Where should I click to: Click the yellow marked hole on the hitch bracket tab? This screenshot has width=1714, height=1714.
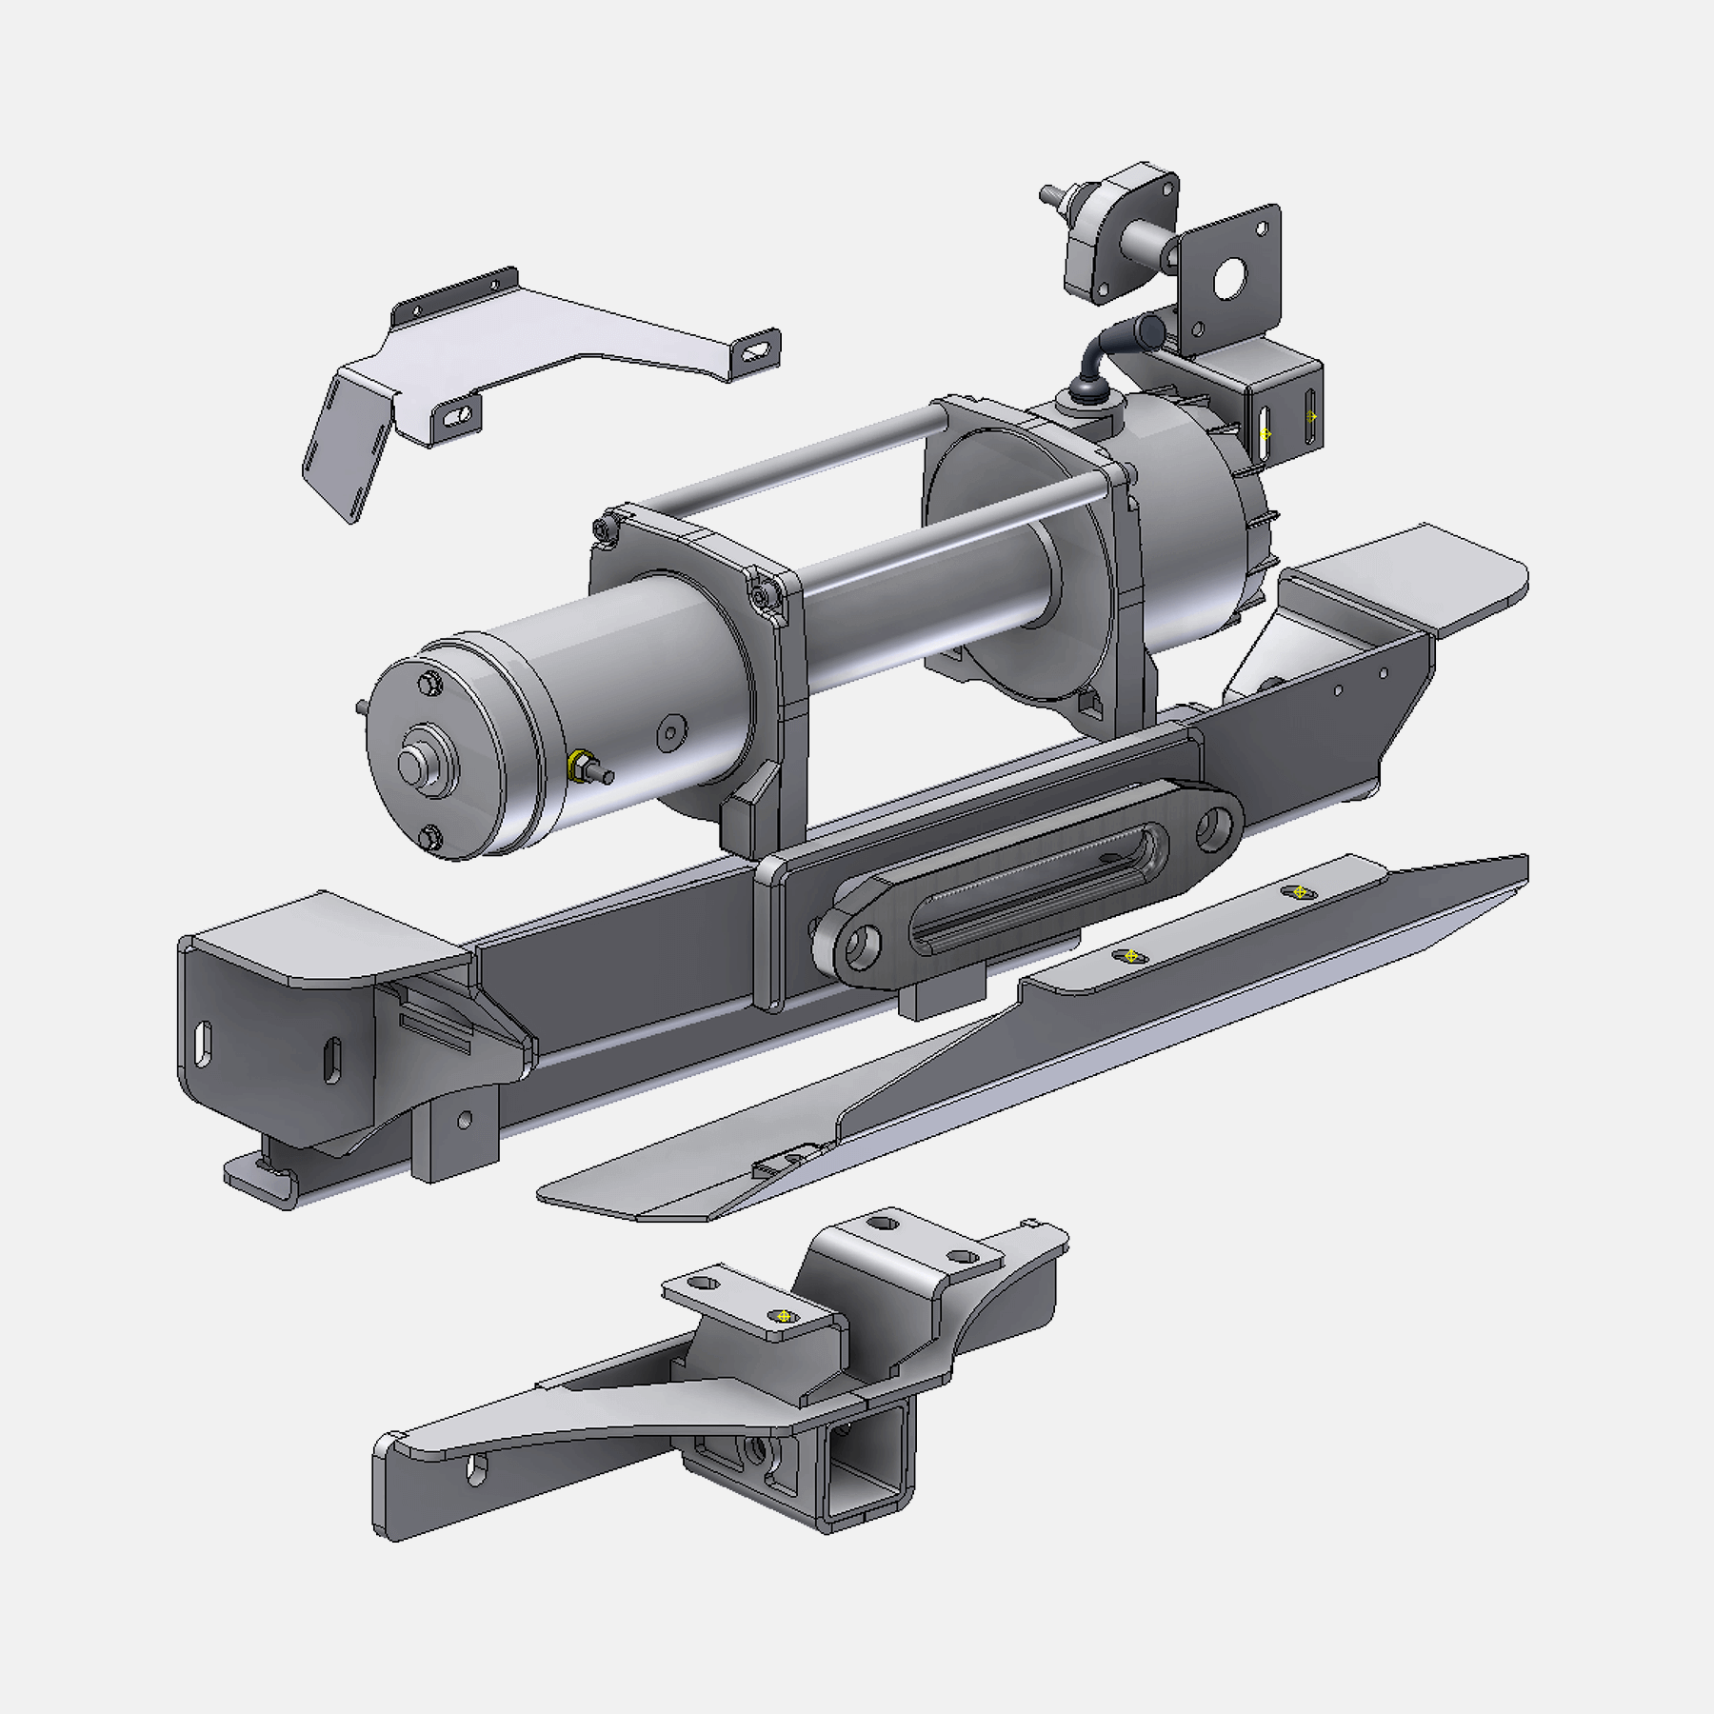click(784, 1316)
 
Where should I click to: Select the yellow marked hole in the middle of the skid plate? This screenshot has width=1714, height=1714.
click(1130, 956)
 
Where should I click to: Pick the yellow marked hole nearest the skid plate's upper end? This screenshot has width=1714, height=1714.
click(1300, 892)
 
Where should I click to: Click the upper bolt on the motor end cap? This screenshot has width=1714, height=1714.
click(430, 683)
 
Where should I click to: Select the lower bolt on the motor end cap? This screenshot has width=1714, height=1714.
click(431, 838)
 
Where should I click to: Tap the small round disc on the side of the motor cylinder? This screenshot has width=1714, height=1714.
click(671, 731)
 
